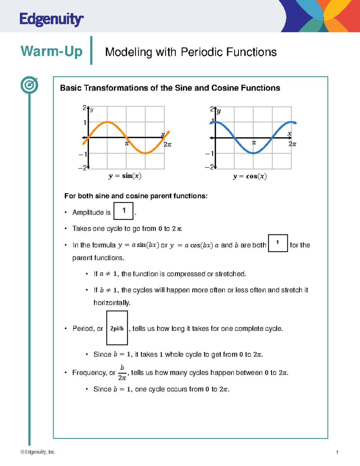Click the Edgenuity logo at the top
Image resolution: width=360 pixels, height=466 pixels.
click(51, 20)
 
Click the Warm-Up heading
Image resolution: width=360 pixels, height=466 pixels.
click(51, 51)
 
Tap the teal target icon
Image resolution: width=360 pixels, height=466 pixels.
click(29, 85)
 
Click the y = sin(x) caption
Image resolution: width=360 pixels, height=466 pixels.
click(125, 176)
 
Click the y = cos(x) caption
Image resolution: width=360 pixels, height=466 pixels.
click(250, 176)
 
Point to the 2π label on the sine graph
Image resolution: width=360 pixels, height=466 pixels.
click(167, 145)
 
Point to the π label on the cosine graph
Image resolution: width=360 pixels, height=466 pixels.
click(254, 143)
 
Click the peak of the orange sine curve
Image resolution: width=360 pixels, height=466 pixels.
click(107, 122)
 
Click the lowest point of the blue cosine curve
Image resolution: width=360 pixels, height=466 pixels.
click(253, 153)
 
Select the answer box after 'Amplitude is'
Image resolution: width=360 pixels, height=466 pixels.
click(123, 211)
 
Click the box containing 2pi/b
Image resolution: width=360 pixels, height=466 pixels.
click(117, 328)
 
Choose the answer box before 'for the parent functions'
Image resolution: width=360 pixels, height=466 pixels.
click(277, 243)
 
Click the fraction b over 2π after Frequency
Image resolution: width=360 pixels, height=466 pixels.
click(122, 373)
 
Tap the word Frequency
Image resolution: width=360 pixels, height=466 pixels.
click(90, 373)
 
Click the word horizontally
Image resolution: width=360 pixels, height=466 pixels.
click(112, 303)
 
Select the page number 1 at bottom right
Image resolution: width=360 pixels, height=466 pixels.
click(337, 452)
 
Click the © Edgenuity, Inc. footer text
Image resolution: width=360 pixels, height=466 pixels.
click(38, 452)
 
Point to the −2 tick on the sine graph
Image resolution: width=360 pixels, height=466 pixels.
click(82, 168)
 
